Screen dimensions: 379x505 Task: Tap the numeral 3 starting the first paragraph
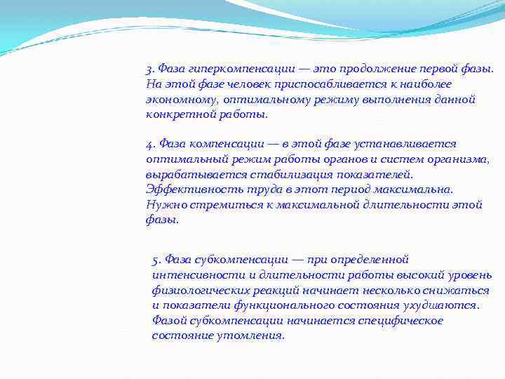[x=149, y=69]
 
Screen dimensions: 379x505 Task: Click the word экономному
[x=175, y=100]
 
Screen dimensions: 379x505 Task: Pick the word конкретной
[x=172, y=114]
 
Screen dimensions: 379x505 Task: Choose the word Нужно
[x=163, y=205]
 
